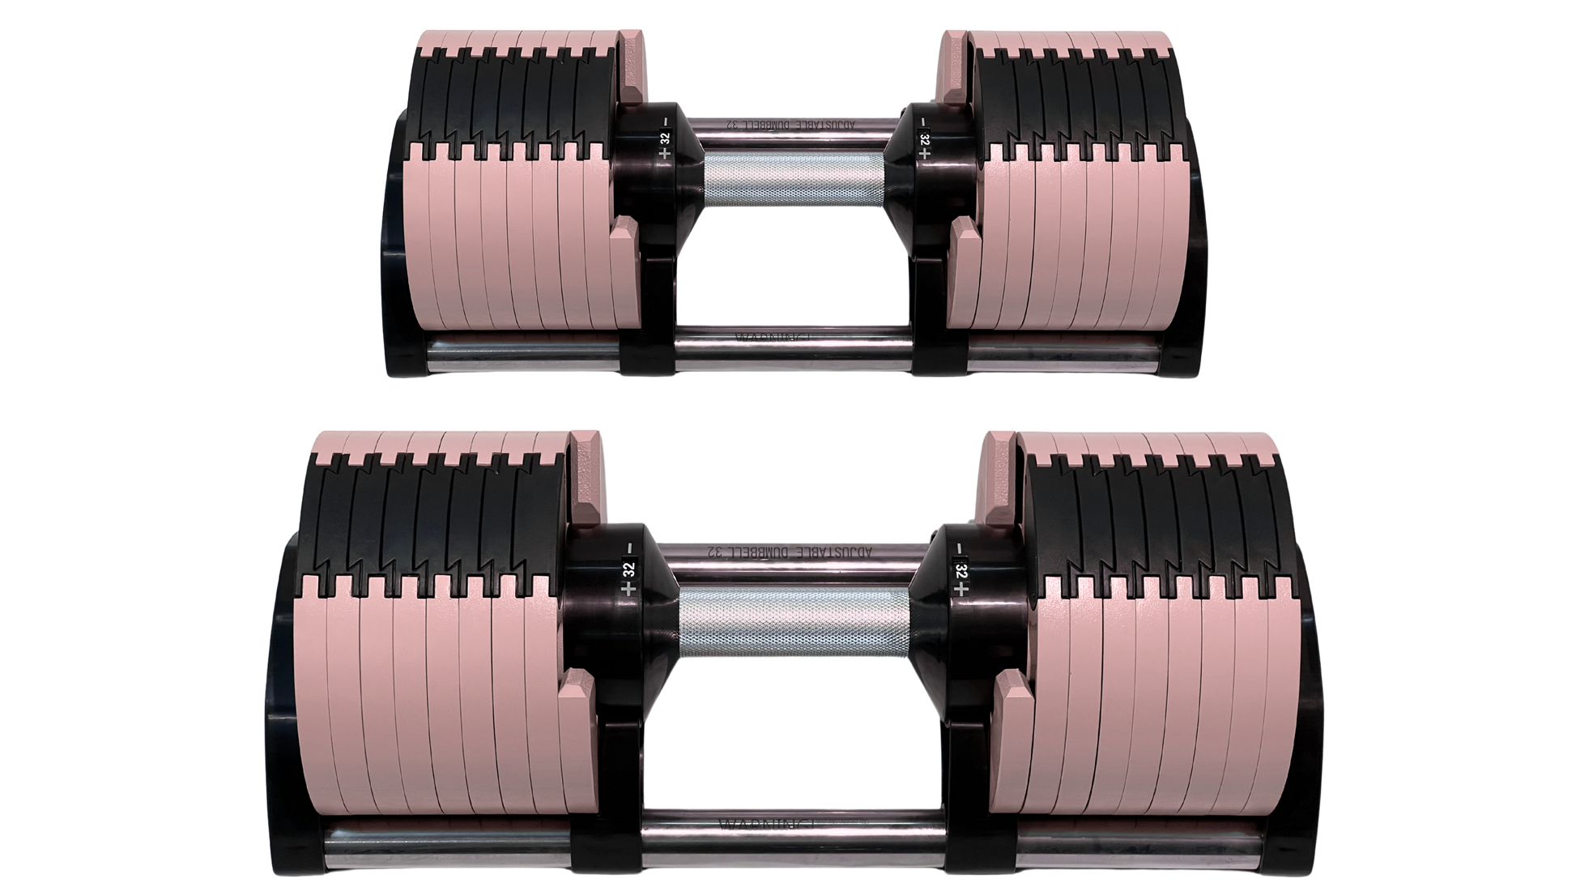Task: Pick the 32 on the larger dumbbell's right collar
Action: coord(961,570)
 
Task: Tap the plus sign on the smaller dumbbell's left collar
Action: coord(665,152)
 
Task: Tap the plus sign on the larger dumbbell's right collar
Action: coord(961,591)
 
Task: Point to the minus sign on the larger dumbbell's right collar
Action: coord(961,549)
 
